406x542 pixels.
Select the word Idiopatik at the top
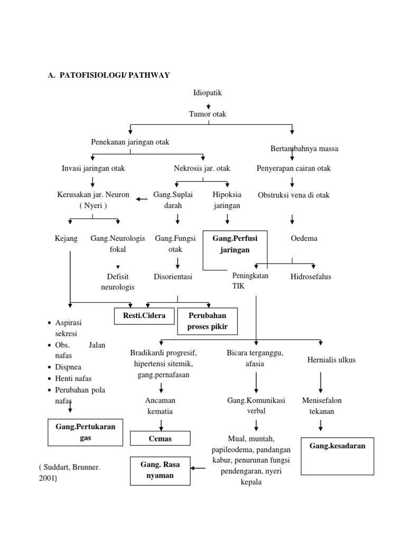click(x=207, y=93)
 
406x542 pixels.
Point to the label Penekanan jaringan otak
click(x=130, y=142)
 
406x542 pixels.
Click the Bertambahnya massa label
click(x=304, y=149)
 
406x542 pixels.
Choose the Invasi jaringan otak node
click(x=93, y=168)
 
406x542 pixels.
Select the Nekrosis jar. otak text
click(x=202, y=168)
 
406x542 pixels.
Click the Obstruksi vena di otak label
click(x=293, y=195)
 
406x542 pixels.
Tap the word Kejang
click(x=66, y=239)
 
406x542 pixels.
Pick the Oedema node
click(x=304, y=239)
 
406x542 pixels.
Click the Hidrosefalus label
click(x=311, y=277)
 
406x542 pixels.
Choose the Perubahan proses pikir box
click(x=207, y=321)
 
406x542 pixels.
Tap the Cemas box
click(x=161, y=439)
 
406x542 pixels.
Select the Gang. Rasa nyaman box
click(x=160, y=470)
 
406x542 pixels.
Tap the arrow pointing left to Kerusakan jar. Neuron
click(x=142, y=199)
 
